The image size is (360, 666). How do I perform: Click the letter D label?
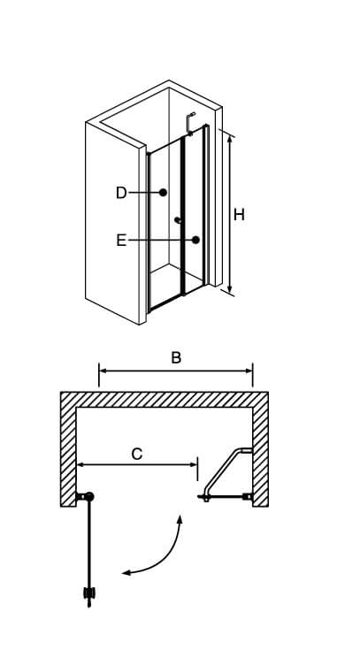pyautogui.click(x=121, y=193)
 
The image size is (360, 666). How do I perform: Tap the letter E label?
pyautogui.click(x=121, y=241)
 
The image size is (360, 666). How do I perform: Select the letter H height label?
pyautogui.click(x=239, y=215)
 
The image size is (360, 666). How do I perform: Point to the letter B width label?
pyautogui.click(x=176, y=357)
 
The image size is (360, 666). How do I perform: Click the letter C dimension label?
pyautogui.click(x=137, y=454)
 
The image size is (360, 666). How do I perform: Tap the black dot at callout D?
pyautogui.click(x=163, y=193)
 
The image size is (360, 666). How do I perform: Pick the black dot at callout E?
pyautogui.click(x=195, y=240)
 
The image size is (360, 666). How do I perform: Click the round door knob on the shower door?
pyautogui.click(x=178, y=220)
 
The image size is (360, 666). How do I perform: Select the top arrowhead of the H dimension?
pyautogui.click(x=230, y=139)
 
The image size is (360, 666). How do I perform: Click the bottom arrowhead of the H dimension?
pyautogui.click(x=230, y=289)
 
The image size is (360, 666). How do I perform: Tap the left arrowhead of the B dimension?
pyautogui.click(x=103, y=371)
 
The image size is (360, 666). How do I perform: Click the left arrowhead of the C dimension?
pyautogui.click(x=81, y=465)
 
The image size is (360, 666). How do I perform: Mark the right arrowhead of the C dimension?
pyautogui.click(x=192, y=465)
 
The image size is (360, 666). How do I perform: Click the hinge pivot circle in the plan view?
pyautogui.click(x=89, y=496)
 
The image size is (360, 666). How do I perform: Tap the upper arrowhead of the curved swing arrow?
pyautogui.click(x=180, y=519)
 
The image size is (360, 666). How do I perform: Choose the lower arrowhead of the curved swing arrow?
pyautogui.click(x=126, y=573)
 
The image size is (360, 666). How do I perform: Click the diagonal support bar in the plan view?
pyautogui.click(x=224, y=471)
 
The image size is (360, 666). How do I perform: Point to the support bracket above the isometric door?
pyautogui.click(x=190, y=124)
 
